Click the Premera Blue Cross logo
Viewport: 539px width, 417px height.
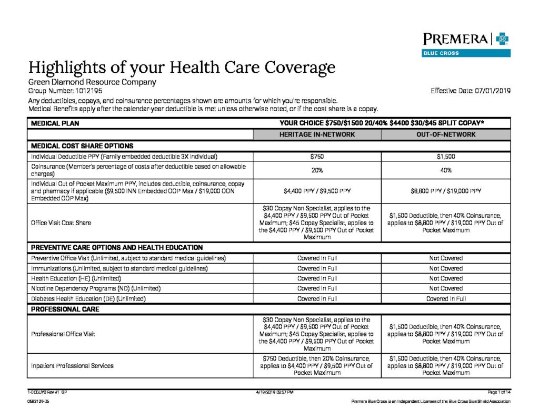click(x=466, y=44)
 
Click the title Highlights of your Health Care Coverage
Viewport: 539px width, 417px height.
click(x=182, y=67)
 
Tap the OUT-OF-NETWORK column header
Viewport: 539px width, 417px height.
click(x=445, y=134)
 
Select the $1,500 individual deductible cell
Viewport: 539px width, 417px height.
click(x=445, y=157)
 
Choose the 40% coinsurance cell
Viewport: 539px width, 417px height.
click(x=445, y=170)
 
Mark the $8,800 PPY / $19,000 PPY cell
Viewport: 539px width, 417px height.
click(x=445, y=191)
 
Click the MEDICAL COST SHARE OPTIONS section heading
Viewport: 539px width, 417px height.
click(x=82, y=146)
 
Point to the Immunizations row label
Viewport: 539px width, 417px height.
click(x=119, y=268)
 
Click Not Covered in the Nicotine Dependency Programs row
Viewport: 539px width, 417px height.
click(x=445, y=288)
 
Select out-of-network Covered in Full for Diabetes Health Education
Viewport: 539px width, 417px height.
click(x=445, y=298)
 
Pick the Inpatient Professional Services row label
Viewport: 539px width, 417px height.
click(x=72, y=365)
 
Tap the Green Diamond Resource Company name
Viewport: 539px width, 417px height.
click(x=92, y=82)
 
